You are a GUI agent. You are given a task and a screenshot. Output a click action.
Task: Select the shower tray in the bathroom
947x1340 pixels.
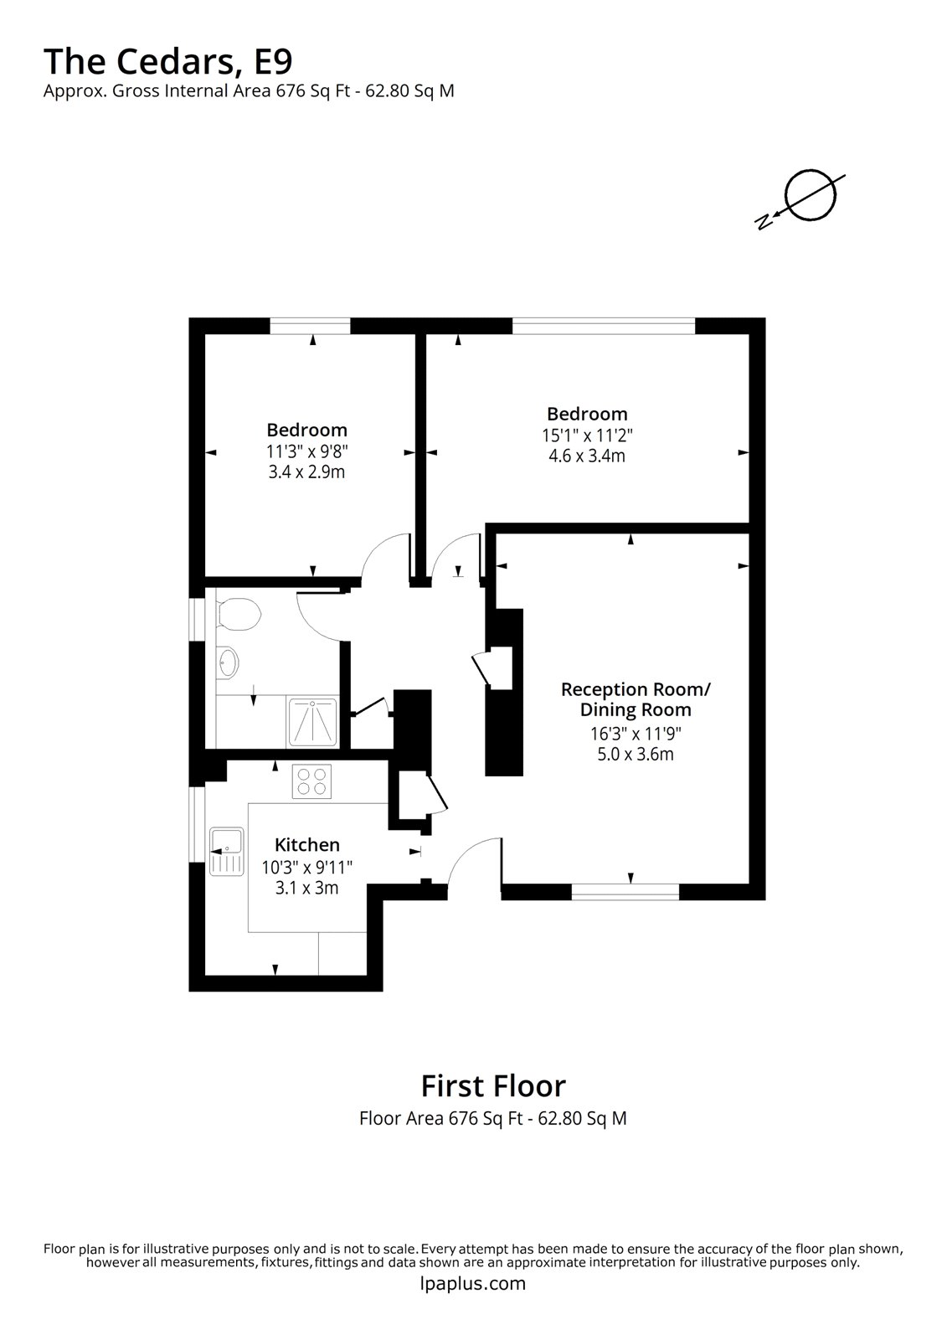313,722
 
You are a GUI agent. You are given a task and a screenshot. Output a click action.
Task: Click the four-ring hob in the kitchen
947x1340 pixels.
311,781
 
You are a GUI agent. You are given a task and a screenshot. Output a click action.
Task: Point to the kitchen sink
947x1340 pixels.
226,849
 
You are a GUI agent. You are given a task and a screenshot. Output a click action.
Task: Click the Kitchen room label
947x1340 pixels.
307,845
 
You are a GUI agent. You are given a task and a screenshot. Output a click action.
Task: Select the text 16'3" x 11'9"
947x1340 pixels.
630,734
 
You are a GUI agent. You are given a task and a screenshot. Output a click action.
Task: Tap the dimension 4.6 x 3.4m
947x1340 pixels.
587,456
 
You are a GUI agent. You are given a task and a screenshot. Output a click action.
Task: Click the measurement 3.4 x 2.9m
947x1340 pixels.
306,472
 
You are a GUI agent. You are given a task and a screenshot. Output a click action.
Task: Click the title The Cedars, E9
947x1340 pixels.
167,61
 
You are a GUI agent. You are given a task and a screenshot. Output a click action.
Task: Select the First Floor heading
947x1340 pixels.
492,1085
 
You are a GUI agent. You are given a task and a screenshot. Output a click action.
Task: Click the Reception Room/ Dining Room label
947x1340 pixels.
636,699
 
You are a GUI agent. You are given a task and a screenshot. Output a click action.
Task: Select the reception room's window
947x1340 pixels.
625,893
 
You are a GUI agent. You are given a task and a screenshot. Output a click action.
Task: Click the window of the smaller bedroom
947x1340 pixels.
310,326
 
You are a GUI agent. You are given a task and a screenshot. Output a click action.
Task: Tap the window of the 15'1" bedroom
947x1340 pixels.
603,326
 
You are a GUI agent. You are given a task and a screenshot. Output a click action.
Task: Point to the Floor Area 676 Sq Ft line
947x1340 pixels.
492,1118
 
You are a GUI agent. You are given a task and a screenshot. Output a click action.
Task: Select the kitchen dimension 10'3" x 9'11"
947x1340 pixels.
307,867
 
